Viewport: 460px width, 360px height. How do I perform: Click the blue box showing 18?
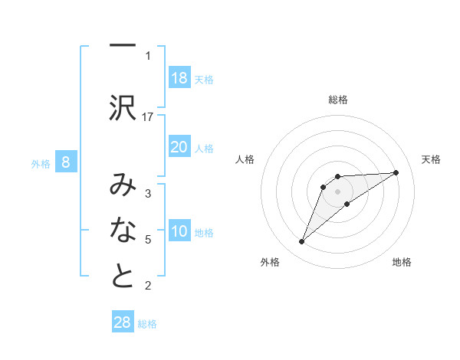tap(179, 78)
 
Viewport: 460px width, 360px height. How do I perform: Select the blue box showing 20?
tap(179, 148)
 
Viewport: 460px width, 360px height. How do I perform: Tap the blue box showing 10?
tap(179, 232)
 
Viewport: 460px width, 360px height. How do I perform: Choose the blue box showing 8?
tap(66, 162)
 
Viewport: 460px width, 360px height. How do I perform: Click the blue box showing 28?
tap(123, 322)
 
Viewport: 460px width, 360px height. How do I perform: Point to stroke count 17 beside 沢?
tap(148, 116)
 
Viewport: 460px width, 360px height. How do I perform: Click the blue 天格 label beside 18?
tap(204, 79)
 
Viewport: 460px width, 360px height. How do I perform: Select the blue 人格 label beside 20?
tap(204, 149)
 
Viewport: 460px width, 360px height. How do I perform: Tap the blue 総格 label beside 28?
tap(147, 323)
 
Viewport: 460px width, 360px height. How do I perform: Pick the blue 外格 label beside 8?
tap(40, 162)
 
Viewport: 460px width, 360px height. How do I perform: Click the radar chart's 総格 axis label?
tap(338, 100)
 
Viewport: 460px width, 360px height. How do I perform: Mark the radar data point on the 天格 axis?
tap(396, 172)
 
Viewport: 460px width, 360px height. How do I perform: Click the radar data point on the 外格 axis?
tap(301, 242)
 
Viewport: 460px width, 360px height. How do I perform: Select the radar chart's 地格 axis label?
tap(402, 262)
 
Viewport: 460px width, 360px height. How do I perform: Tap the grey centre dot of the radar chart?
tap(338, 191)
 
